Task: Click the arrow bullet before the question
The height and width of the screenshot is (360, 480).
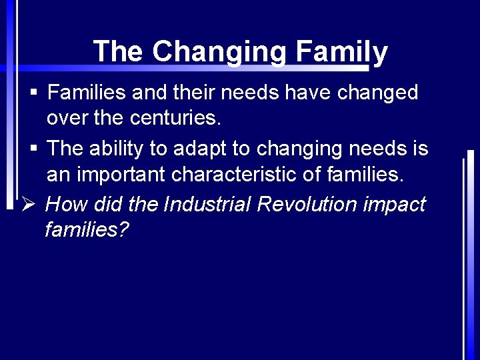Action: [27, 203]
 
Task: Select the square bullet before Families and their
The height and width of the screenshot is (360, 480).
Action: [33, 92]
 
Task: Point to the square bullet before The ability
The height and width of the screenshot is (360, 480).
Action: [33, 148]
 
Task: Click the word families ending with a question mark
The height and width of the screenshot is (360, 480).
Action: [87, 230]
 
